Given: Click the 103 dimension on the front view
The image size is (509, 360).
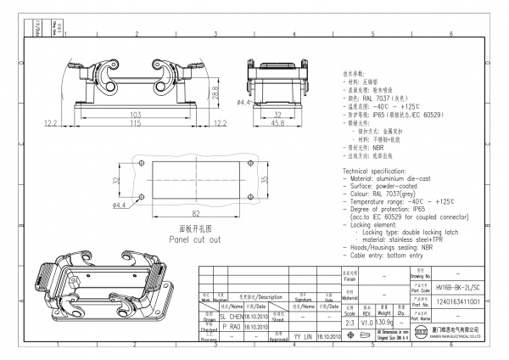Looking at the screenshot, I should click(135, 114).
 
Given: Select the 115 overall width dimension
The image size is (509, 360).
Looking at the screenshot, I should click(135, 124).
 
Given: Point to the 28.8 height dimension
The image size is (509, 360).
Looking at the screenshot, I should click(215, 88).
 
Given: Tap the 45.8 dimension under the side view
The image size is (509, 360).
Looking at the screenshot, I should click(276, 124).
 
